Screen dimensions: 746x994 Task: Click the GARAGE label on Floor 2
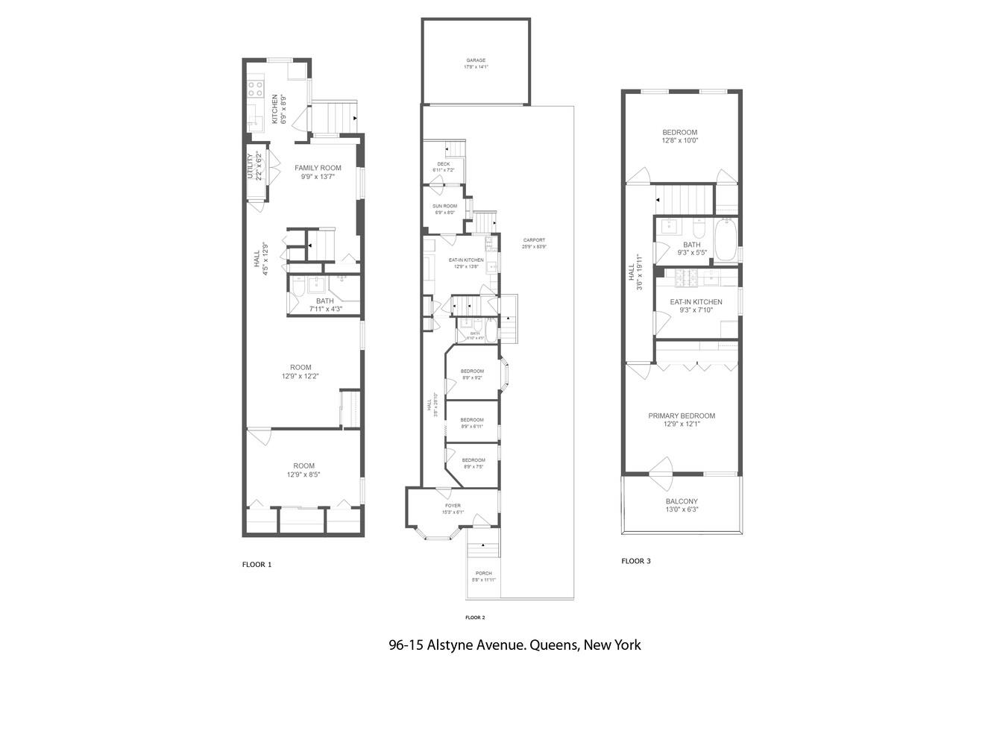click(x=476, y=60)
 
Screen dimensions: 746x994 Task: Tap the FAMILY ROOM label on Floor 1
click(x=318, y=168)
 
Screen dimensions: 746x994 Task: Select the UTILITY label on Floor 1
click(x=251, y=166)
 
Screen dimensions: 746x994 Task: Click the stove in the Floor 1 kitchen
click(x=255, y=89)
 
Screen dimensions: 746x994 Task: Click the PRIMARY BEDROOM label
click(x=681, y=416)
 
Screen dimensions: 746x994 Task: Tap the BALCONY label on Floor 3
click(x=682, y=502)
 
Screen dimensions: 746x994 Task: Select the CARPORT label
click(x=534, y=240)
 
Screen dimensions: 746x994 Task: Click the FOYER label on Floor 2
click(x=453, y=506)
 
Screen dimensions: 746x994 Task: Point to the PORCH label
click(x=483, y=574)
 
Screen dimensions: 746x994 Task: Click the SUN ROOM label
click(x=444, y=206)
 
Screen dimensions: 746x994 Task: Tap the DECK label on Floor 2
click(x=444, y=164)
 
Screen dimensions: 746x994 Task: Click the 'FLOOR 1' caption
click(x=257, y=565)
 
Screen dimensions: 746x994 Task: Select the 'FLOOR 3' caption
click(x=635, y=561)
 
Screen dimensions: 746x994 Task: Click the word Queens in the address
click(x=554, y=645)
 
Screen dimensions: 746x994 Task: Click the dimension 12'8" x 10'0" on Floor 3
click(x=679, y=141)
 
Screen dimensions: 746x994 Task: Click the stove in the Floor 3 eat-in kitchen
click(x=685, y=278)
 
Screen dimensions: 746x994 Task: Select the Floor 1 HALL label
click(x=257, y=259)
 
